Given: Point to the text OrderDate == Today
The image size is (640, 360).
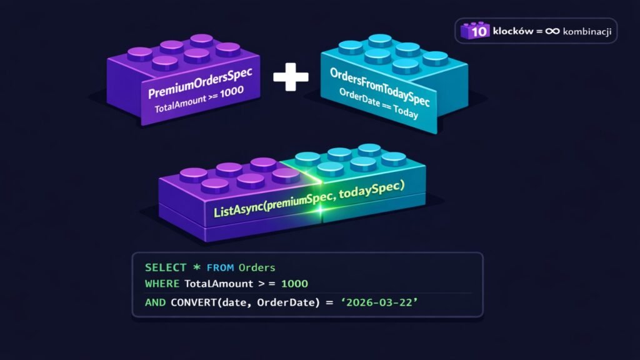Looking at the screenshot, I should (379, 106).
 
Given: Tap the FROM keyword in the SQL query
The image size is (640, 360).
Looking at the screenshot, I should (220, 267).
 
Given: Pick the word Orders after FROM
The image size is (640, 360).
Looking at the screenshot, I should (257, 267).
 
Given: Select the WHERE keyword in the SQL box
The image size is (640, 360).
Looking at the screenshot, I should (162, 284).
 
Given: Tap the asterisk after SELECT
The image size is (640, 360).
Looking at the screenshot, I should (196, 267).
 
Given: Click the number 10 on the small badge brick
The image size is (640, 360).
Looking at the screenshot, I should (480, 31).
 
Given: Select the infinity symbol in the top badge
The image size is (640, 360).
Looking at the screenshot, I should (552, 31).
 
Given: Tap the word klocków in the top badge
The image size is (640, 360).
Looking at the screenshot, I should (512, 31).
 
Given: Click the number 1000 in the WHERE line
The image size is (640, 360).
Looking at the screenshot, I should (294, 284).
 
